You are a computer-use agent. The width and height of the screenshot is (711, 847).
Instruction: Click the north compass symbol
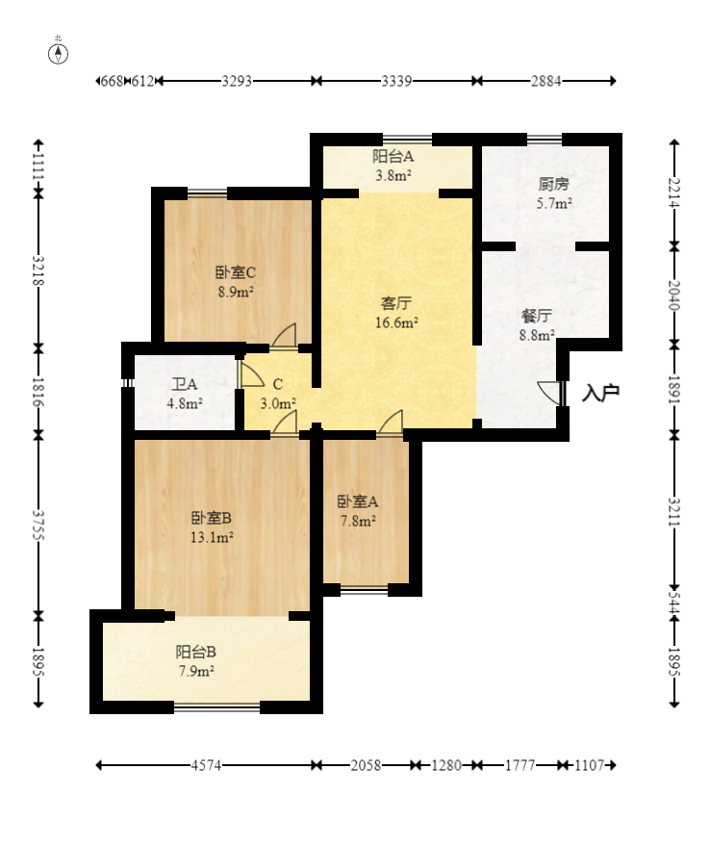[59, 54]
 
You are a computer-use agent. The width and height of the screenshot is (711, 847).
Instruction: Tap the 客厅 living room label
[396, 303]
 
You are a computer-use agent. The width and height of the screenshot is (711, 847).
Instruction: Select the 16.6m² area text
[396, 323]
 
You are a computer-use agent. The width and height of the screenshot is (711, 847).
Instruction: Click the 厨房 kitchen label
[554, 184]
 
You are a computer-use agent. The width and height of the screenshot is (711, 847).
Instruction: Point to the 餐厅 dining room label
[537, 316]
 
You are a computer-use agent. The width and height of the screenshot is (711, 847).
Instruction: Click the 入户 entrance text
[600, 393]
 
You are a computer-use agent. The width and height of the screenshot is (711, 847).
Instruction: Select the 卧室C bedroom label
[236, 272]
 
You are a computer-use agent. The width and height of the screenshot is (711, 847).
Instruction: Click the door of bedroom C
[285, 335]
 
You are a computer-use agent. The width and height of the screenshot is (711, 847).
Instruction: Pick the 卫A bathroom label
[185, 384]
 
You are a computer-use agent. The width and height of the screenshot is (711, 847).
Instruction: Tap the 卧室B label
[212, 518]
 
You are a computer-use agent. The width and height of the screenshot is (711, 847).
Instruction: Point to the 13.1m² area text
[212, 537]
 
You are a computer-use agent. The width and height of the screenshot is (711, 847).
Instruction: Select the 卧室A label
[357, 501]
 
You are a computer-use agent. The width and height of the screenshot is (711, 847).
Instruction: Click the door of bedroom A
[391, 422]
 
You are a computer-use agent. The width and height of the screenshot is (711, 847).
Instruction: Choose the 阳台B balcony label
[195, 652]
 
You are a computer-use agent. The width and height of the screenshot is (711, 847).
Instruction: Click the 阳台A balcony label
[393, 156]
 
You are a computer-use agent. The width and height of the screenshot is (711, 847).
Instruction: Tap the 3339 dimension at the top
[396, 81]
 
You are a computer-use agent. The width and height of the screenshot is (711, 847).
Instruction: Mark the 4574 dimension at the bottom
[206, 765]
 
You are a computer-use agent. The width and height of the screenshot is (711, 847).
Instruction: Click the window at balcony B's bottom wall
[217, 707]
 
